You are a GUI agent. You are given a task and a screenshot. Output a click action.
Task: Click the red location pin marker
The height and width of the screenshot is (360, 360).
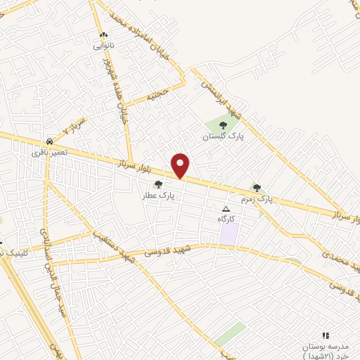(181, 165)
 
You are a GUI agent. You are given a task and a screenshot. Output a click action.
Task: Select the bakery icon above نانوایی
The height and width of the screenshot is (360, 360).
(103, 34)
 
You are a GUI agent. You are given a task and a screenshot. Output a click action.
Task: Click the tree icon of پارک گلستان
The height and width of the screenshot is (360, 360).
(223, 126)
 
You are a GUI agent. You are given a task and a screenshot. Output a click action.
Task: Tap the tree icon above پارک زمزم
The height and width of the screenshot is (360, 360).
(257, 188)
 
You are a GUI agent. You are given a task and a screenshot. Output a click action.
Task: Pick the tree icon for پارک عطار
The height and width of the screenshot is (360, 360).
(158, 184)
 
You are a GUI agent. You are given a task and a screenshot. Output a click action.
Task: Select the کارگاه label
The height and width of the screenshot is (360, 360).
(226, 220)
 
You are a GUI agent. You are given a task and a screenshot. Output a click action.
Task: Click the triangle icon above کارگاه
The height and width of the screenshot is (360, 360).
(226, 210)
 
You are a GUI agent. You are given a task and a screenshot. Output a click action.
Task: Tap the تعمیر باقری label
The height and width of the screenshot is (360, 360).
(49, 152)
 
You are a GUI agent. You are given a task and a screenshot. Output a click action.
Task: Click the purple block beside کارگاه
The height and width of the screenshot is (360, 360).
(228, 235)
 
